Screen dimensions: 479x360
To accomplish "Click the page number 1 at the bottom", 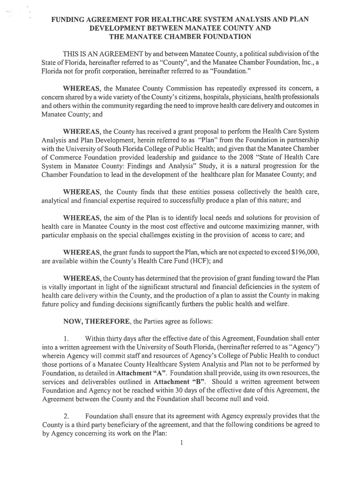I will [180, 443].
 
